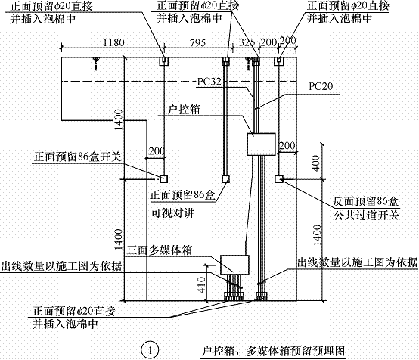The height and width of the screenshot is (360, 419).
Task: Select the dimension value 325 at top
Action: click(x=247, y=43)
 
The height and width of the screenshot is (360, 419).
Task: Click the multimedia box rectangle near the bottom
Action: click(x=234, y=263)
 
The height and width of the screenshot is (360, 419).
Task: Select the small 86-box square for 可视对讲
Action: click(x=225, y=179)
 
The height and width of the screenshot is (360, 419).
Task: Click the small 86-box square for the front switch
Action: click(x=163, y=179)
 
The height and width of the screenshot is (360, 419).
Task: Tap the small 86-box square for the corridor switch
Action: click(x=279, y=179)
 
